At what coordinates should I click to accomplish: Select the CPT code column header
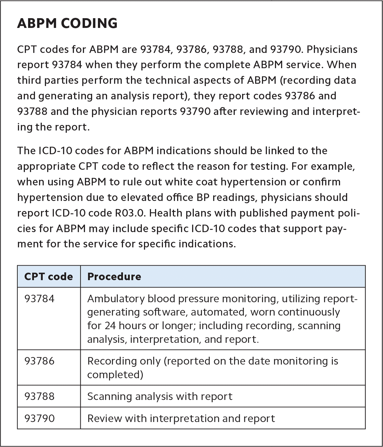48,276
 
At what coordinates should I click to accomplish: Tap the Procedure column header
114,276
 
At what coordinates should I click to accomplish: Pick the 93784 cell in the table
40,298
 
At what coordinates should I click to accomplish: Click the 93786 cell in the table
40,361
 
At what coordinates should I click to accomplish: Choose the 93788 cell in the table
40,396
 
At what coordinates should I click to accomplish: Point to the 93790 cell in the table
40,418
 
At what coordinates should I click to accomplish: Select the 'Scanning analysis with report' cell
160,396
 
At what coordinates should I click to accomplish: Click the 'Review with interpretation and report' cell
181,418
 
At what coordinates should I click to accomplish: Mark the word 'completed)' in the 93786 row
115,374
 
